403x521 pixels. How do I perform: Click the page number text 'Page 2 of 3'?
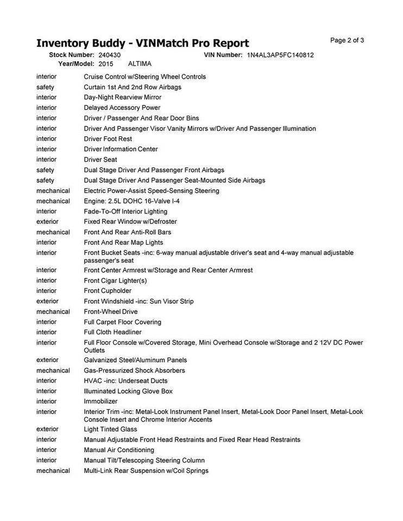tap(347, 40)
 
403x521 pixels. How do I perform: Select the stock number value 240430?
tap(110, 55)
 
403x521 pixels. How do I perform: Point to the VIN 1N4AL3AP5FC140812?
tap(280, 55)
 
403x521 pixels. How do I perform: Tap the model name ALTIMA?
tap(140, 63)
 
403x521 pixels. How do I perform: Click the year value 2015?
tap(106, 63)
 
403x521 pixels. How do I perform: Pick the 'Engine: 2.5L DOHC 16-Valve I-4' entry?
tap(132, 201)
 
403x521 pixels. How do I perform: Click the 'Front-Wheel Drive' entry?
tap(111, 312)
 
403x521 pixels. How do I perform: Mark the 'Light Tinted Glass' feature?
tap(110, 429)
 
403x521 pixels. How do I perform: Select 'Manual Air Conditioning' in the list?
tap(119, 449)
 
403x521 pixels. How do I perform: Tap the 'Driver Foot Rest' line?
tap(108, 139)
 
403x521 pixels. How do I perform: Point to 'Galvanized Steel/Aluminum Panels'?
tap(135, 360)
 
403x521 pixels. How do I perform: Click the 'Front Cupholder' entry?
tap(108, 291)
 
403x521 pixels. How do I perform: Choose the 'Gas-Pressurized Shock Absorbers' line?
tap(134, 370)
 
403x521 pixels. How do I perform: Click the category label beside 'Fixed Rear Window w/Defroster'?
tap(47, 221)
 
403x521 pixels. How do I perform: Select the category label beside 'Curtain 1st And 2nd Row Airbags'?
tap(45, 87)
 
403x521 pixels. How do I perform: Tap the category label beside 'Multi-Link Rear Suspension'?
tap(53, 471)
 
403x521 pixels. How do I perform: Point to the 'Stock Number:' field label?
tap(72, 55)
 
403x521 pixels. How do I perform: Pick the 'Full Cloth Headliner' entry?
tap(112, 332)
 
